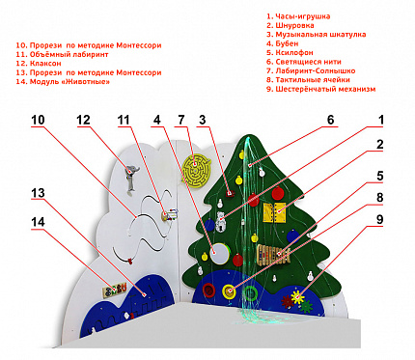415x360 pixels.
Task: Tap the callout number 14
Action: pos(38,222)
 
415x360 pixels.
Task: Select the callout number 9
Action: pos(380,219)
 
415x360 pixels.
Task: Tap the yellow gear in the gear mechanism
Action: pos(297,297)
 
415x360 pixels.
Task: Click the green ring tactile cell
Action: pos(250,292)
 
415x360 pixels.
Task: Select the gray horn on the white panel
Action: pos(131,177)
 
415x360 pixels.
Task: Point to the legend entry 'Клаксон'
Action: pos(39,64)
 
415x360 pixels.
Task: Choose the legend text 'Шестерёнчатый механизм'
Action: pos(320,89)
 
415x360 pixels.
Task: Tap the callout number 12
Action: pos(83,120)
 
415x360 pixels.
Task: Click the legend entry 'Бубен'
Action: pos(282,43)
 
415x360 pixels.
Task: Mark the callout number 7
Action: pos(181,120)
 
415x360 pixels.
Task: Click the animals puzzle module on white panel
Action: pos(115,291)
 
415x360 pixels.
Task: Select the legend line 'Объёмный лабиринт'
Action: pos(62,54)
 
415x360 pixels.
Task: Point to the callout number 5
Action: pos(380,176)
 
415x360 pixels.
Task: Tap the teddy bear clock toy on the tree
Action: pos(221,221)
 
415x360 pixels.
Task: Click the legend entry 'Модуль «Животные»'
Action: pos(63,82)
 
